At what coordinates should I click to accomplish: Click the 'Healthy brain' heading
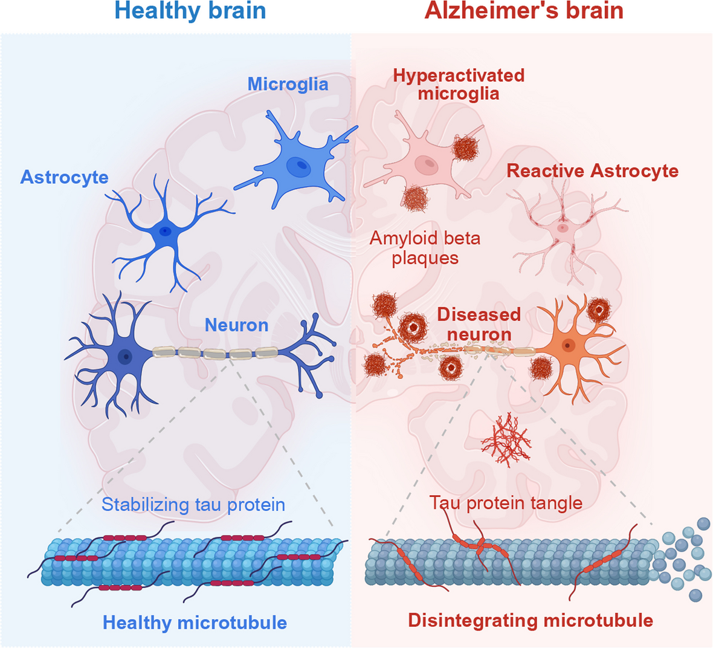[x=190, y=10]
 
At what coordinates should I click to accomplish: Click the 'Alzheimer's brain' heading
[x=524, y=10]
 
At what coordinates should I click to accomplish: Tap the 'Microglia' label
[x=288, y=85]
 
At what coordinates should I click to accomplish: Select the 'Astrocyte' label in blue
[x=64, y=178]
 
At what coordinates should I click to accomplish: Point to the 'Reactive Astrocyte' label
[x=593, y=171]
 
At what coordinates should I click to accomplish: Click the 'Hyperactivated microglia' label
[x=459, y=85]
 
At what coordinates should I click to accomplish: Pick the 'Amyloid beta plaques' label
[x=425, y=248]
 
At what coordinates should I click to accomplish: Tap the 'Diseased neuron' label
[x=479, y=325]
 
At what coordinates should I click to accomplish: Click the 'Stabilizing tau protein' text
[x=193, y=505]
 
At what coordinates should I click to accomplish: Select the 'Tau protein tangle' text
[x=506, y=504]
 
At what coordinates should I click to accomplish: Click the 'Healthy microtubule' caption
[x=195, y=623]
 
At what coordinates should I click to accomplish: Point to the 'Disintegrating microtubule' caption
[x=530, y=620]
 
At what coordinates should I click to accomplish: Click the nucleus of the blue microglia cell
[x=298, y=167]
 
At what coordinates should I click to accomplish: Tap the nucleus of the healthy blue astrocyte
[x=164, y=231]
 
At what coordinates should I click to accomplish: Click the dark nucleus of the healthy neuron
[x=125, y=356]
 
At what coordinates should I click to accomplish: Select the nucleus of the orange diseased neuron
[x=567, y=346]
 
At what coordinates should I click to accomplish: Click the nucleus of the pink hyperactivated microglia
[x=427, y=165]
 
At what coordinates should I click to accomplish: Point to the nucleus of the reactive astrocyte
[x=563, y=227]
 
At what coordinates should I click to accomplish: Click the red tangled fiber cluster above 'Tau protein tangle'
[x=506, y=439]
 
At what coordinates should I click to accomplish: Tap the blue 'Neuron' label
[x=236, y=325]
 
